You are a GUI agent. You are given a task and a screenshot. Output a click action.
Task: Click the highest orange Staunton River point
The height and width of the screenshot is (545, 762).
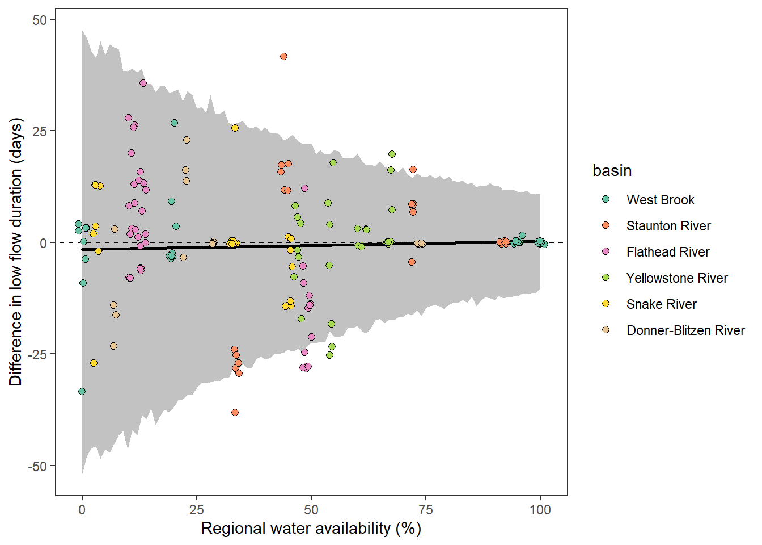[x=283, y=57]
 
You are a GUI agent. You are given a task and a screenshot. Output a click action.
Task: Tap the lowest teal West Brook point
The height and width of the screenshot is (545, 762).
[x=82, y=391]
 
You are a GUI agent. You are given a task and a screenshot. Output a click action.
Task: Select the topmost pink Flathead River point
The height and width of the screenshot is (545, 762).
[x=143, y=83]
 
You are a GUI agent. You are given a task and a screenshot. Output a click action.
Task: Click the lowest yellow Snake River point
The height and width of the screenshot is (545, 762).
[x=94, y=363]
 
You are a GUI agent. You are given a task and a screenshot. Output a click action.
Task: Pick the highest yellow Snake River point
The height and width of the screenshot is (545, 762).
[x=235, y=128]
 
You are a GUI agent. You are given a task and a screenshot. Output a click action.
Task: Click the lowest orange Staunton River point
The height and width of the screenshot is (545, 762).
[x=235, y=412]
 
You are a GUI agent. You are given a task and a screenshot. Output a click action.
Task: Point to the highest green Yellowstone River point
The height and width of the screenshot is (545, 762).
[x=392, y=154]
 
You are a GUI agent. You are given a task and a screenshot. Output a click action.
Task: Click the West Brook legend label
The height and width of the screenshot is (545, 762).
[x=660, y=200]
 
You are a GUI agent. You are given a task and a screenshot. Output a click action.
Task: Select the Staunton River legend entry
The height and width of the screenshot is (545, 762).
[x=668, y=226]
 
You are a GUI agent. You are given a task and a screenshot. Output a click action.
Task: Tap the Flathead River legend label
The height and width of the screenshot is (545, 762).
[x=667, y=252]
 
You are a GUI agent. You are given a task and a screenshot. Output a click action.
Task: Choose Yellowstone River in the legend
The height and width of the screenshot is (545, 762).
[x=676, y=278]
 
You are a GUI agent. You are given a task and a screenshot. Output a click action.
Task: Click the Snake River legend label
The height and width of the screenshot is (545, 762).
[x=661, y=304]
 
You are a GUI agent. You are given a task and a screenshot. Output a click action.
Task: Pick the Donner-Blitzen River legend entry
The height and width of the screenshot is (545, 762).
[x=685, y=330]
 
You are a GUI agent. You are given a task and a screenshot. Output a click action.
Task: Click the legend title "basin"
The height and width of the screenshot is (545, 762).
[x=612, y=171]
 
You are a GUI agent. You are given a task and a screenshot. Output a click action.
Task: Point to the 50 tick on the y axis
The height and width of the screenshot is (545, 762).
[x=40, y=20]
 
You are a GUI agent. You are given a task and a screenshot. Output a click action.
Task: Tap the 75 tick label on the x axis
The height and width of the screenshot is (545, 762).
[x=425, y=509]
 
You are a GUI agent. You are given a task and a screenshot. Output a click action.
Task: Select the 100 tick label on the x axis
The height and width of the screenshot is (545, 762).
[x=540, y=509]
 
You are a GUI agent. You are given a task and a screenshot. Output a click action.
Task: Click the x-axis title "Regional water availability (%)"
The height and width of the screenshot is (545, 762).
[x=311, y=529]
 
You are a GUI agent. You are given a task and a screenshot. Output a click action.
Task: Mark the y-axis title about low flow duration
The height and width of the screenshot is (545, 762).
[x=16, y=252]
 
